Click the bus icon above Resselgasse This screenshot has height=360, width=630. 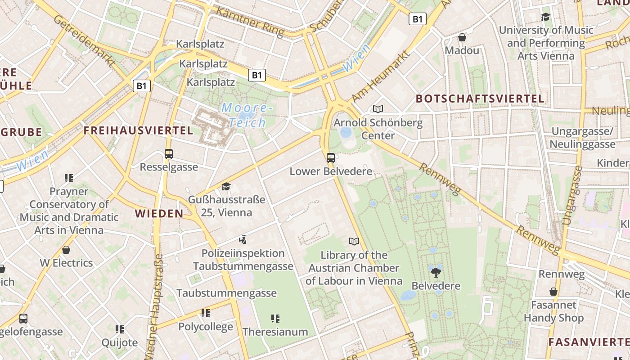(x=169, y=154)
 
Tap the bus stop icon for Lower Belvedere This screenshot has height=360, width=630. (x=331, y=158)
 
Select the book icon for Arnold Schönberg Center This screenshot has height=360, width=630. (x=378, y=109)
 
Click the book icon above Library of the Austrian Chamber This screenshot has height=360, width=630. (x=354, y=242)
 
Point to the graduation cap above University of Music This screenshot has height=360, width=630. (x=546, y=17)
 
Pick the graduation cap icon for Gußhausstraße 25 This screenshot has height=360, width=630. (x=226, y=186)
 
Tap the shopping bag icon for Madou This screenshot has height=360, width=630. (x=462, y=37)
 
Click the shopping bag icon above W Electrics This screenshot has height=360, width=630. (x=66, y=250)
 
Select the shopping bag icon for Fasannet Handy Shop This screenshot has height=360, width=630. (x=553, y=292)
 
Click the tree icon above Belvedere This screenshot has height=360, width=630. (x=436, y=272)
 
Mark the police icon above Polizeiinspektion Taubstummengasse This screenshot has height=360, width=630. (x=243, y=240)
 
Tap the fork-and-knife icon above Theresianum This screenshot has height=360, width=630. (x=275, y=319)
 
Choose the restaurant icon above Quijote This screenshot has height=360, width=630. (x=119, y=329)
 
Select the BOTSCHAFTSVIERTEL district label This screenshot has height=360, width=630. (x=480, y=99)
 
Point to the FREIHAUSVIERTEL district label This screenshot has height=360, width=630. (x=139, y=131)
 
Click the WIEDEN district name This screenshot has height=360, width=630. (x=159, y=214)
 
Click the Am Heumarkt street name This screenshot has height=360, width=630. (x=381, y=76)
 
